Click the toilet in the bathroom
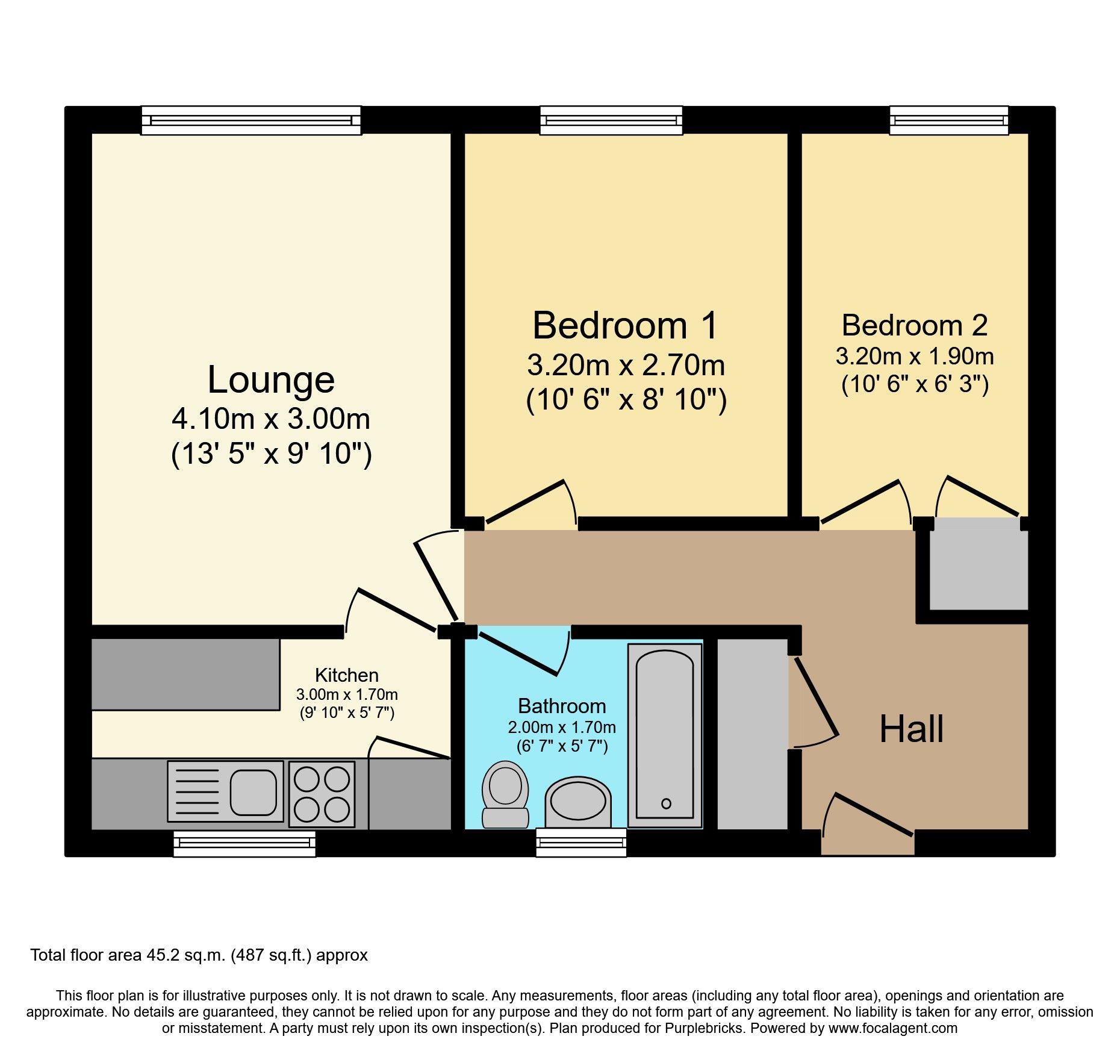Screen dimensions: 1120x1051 click(505, 794)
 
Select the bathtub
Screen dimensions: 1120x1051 click(665, 735)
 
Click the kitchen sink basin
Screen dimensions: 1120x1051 click(254, 791)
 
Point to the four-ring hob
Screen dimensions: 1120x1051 click(322, 794)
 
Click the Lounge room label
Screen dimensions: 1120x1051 click(271, 380)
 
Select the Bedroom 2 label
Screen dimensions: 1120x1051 click(915, 325)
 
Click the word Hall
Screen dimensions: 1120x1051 click(911, 729)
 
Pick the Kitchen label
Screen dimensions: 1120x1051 click(347, 675)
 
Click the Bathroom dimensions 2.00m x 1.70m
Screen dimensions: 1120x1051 click(562, 727)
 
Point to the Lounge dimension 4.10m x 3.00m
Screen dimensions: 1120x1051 click(271, 419)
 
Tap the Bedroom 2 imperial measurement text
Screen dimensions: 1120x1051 click(915, 384)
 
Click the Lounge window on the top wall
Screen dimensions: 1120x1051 click(251, 120)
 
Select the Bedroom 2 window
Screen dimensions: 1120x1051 click(949, 120)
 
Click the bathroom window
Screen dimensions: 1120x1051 click(581, 843)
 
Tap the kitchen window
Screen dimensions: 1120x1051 click(244, 843)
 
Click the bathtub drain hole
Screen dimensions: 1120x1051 click(666, 803)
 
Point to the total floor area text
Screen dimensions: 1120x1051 click(199, 955)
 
